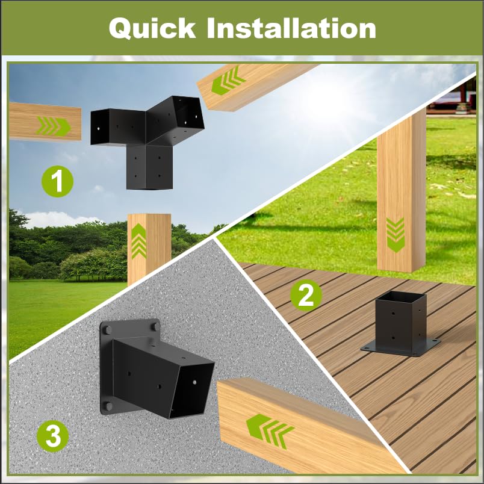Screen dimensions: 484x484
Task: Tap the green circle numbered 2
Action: (306, 295)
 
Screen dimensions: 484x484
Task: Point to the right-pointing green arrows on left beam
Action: (54, 126)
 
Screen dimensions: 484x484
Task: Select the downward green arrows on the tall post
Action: (395, 235)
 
